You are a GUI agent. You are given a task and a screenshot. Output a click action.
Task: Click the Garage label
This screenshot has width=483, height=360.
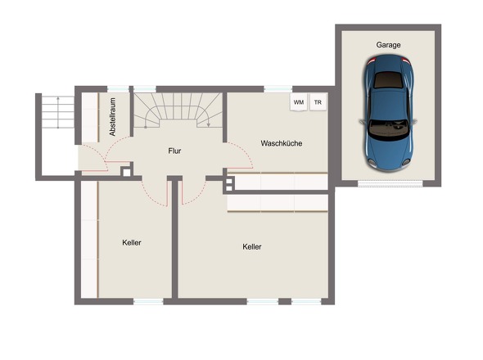(x=388, y=45)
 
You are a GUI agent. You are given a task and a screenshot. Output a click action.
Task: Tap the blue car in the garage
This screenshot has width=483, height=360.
(x=389, y=113)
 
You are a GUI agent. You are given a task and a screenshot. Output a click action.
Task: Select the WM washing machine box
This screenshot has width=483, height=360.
(x=299, y=102)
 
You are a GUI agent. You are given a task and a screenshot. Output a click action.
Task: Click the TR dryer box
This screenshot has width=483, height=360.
(x=318, y=102)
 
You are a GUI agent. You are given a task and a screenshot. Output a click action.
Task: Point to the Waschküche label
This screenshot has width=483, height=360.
(x=282, y=143)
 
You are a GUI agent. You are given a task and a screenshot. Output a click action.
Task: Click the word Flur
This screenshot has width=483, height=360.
(x=174, y=151)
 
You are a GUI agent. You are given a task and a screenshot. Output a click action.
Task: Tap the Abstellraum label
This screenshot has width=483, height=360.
(x=112, y=117)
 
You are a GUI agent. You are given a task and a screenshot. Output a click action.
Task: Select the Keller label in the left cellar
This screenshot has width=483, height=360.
(x=132, y=243)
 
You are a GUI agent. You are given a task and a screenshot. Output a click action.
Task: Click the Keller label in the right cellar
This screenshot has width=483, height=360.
(x=252, y=246)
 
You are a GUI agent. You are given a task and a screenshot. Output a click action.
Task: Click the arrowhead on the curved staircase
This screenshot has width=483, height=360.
(x=209, y=124)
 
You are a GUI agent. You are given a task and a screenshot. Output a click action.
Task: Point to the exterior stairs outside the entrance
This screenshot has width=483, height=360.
(x=57, y=112)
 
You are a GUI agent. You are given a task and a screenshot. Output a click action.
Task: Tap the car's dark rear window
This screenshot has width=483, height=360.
(x=387, y=80)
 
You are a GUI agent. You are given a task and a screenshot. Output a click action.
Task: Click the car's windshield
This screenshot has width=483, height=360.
(x=389, y=129)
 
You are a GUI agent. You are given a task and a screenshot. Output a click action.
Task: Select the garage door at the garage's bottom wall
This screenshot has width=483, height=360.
(x=390, y=183)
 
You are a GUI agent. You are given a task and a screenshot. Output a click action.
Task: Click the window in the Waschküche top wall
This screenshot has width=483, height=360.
(x=278, y=89)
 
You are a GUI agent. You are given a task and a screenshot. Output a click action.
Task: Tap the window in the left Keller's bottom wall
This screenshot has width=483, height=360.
(x=148, y=301)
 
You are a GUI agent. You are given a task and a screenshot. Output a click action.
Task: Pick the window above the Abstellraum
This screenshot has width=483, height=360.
(x=118, y=89)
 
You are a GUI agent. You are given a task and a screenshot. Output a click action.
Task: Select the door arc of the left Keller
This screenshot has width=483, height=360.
(x=151, y=197)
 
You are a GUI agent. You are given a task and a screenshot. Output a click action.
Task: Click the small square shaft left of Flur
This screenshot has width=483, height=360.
(x=127, y=173)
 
